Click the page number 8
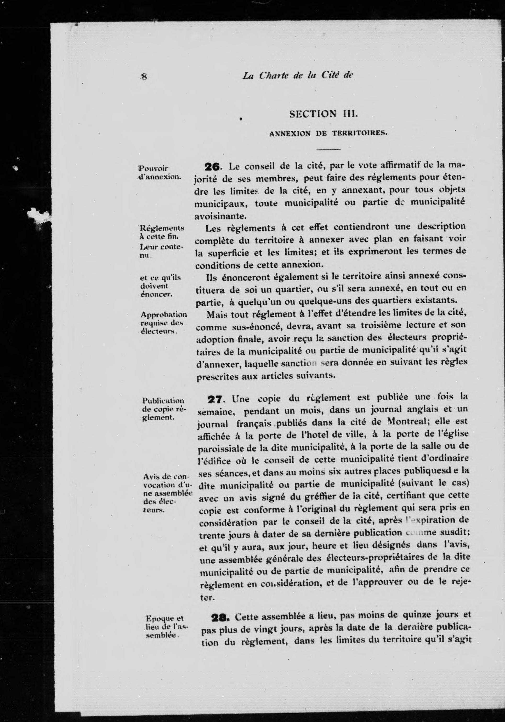145,77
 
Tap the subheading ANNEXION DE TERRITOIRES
328,133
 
